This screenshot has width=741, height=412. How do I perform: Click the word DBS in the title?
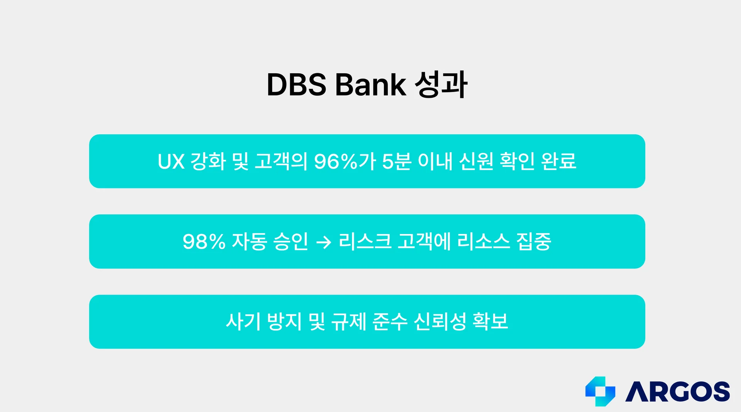tap(296, 85)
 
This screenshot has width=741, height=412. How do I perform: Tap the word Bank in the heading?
tap(370, 85)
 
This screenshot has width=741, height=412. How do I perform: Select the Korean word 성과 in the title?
tap(441, 84)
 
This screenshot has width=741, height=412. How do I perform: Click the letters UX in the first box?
tap(171, 162)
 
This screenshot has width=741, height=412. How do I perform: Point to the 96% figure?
tap(336, 162)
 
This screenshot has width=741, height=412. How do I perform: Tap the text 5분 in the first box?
tap(396, 162)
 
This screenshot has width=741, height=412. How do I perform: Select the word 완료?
tap(559, 161)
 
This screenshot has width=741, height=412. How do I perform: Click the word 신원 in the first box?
tap(476, 161)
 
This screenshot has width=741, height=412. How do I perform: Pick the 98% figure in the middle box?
tap(204, 242)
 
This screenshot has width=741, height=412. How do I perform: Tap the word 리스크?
tap(365, 242)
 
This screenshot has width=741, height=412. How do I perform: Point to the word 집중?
tap(534, 242)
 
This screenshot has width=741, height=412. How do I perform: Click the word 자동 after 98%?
tap(249, 242)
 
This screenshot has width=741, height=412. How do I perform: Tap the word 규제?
tap(349, 322)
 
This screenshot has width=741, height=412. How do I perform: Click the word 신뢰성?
tap(440, 322)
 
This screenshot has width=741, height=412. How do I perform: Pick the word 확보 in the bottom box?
tap(491, 322)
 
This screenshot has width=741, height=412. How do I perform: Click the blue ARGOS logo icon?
tap(600, 391)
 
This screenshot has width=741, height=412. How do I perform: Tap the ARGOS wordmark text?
tap(678, 392)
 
